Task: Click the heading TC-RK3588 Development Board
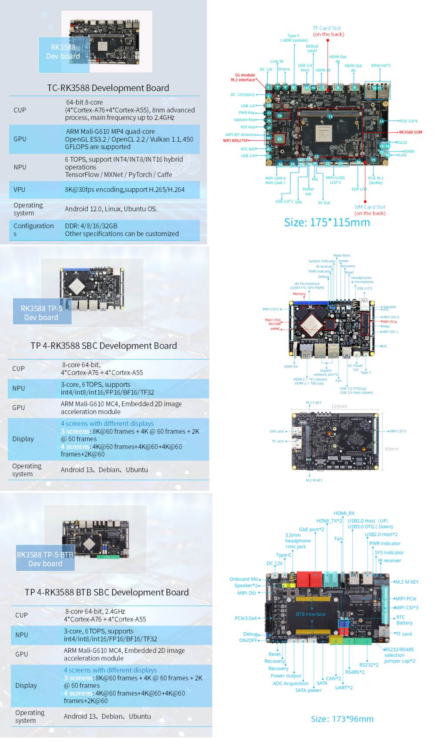(x=108, y=88)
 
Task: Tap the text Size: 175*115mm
(x=327, y=223)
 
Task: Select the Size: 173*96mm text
(x=342, y=719)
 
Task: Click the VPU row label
(x=20, y=189)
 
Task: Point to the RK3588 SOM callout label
(x=411, y=132)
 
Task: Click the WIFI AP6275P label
(x=235, y=140)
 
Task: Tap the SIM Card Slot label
(x=370, y=207)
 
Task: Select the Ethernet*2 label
(x=381, y=66)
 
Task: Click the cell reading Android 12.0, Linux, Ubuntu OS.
(x=111, y=209)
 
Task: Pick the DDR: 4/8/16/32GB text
(x=91, y=226)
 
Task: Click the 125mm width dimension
(x=339, y=406)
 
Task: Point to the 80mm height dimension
(x=391, y=449)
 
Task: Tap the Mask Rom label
(x=341, y=256)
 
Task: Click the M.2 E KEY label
(x=314, y=403)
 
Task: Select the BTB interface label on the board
(x=311, y=614)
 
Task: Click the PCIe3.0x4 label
(x=246, y=618)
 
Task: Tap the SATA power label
(x=308, y=690)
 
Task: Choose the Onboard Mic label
(x=244, y=579)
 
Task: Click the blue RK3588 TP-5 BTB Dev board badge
(x=45, y=559)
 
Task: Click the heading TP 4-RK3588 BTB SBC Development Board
(x=107, y=592)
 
